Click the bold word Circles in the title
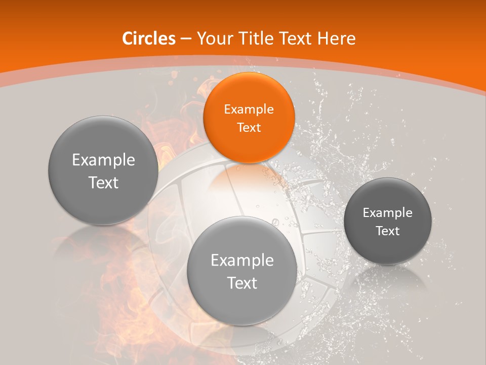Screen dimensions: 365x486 [x=149, y=39]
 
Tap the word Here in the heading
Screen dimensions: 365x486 [x=337, y=39]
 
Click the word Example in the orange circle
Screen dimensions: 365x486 [x=249, y=109]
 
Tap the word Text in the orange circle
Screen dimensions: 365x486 [x=249, y=127]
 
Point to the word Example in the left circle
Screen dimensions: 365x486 [x=103, y=160]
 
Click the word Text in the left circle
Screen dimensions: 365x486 [x=103, y=182]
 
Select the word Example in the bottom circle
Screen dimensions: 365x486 [x=242, y=261]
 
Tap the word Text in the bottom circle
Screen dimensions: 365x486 [x=242, y=283]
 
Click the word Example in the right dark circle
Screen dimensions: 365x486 [x=387, y=213]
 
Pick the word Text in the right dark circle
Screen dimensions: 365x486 [x=388, y=231]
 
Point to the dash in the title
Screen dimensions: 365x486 [x=186, y=39]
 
